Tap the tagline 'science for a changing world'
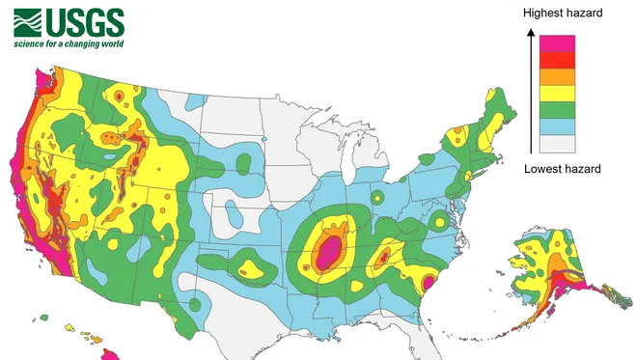69,43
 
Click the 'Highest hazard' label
563,13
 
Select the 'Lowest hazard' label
563,169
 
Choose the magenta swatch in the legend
557,43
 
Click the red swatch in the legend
557,60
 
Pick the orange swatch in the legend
557,76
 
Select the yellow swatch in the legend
557,93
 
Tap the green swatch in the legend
557,110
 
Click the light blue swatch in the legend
557,126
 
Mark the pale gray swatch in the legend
557,144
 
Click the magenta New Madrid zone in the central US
328,253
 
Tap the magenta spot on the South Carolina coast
428,282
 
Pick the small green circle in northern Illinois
377,197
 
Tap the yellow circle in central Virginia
440,222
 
